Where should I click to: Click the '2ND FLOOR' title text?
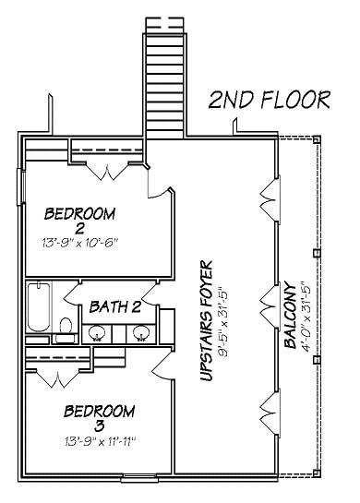pos(268,100)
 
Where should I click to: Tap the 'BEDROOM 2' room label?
pos(80,221)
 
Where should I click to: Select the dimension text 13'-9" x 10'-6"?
pos(80,243)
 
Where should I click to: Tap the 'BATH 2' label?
pos(114,305)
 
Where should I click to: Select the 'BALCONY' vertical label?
pos(289,314)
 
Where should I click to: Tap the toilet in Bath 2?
pos(65,328)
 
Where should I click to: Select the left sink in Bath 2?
pos(98,331)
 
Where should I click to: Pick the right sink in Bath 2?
pos(140,331)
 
